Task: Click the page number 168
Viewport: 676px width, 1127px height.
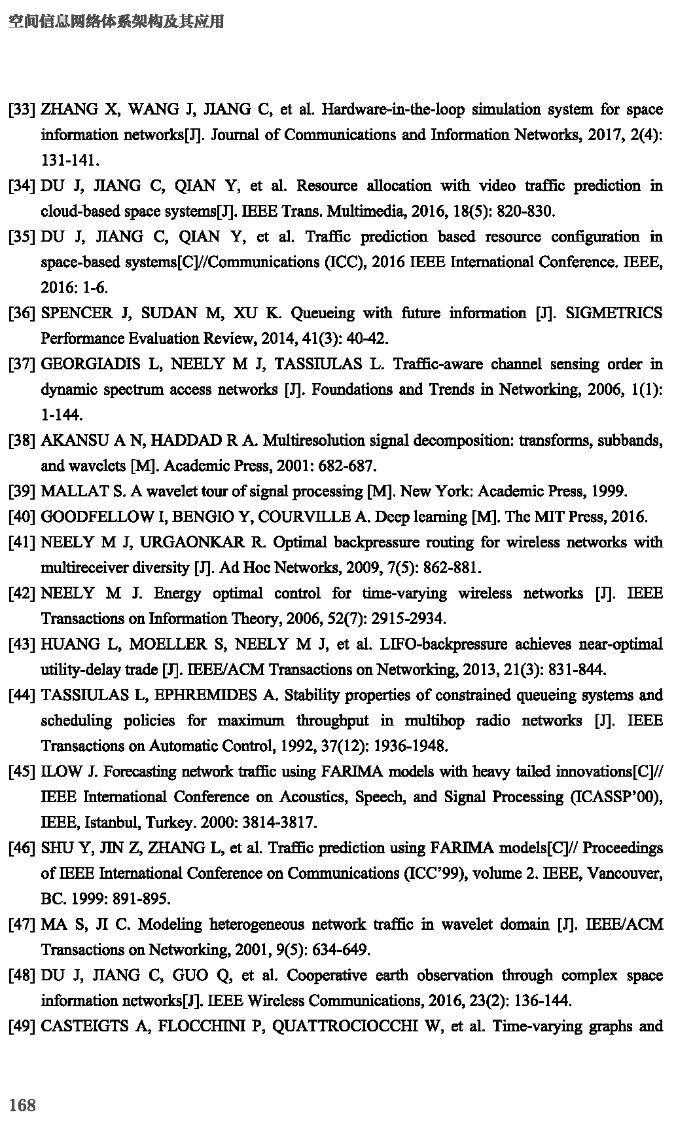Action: [x=22, y=1106]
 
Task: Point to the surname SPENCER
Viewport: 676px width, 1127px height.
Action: [x=77, y=313]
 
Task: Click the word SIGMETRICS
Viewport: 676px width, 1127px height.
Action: [x=613, y=313]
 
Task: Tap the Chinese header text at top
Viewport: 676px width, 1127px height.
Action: [x=116, y=22]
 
